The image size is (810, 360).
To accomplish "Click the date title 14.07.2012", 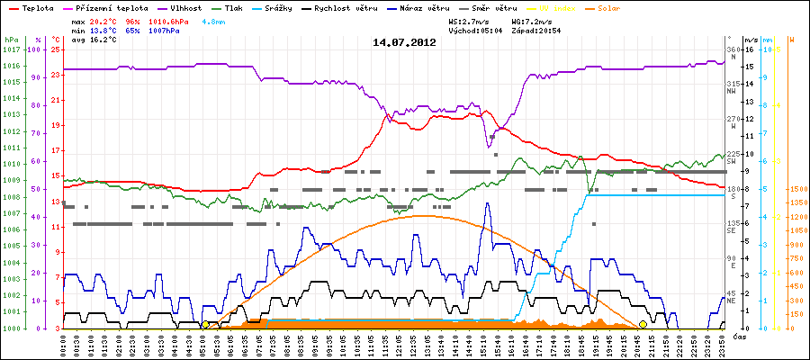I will pyautogui.click(x=404, y=41).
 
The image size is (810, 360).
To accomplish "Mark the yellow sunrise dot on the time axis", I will pyautogui.click(x=205, y=325).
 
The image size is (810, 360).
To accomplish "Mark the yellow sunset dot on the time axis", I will pyautogui.click(x=643, y=325).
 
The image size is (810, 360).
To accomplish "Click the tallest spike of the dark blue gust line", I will pyautogui.click(x=487, y=203).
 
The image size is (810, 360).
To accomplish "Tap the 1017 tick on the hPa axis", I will pyautogui.click(x=11, y=49).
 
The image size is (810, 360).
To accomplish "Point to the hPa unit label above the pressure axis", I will pyautogui.click(x=10, y=40).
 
